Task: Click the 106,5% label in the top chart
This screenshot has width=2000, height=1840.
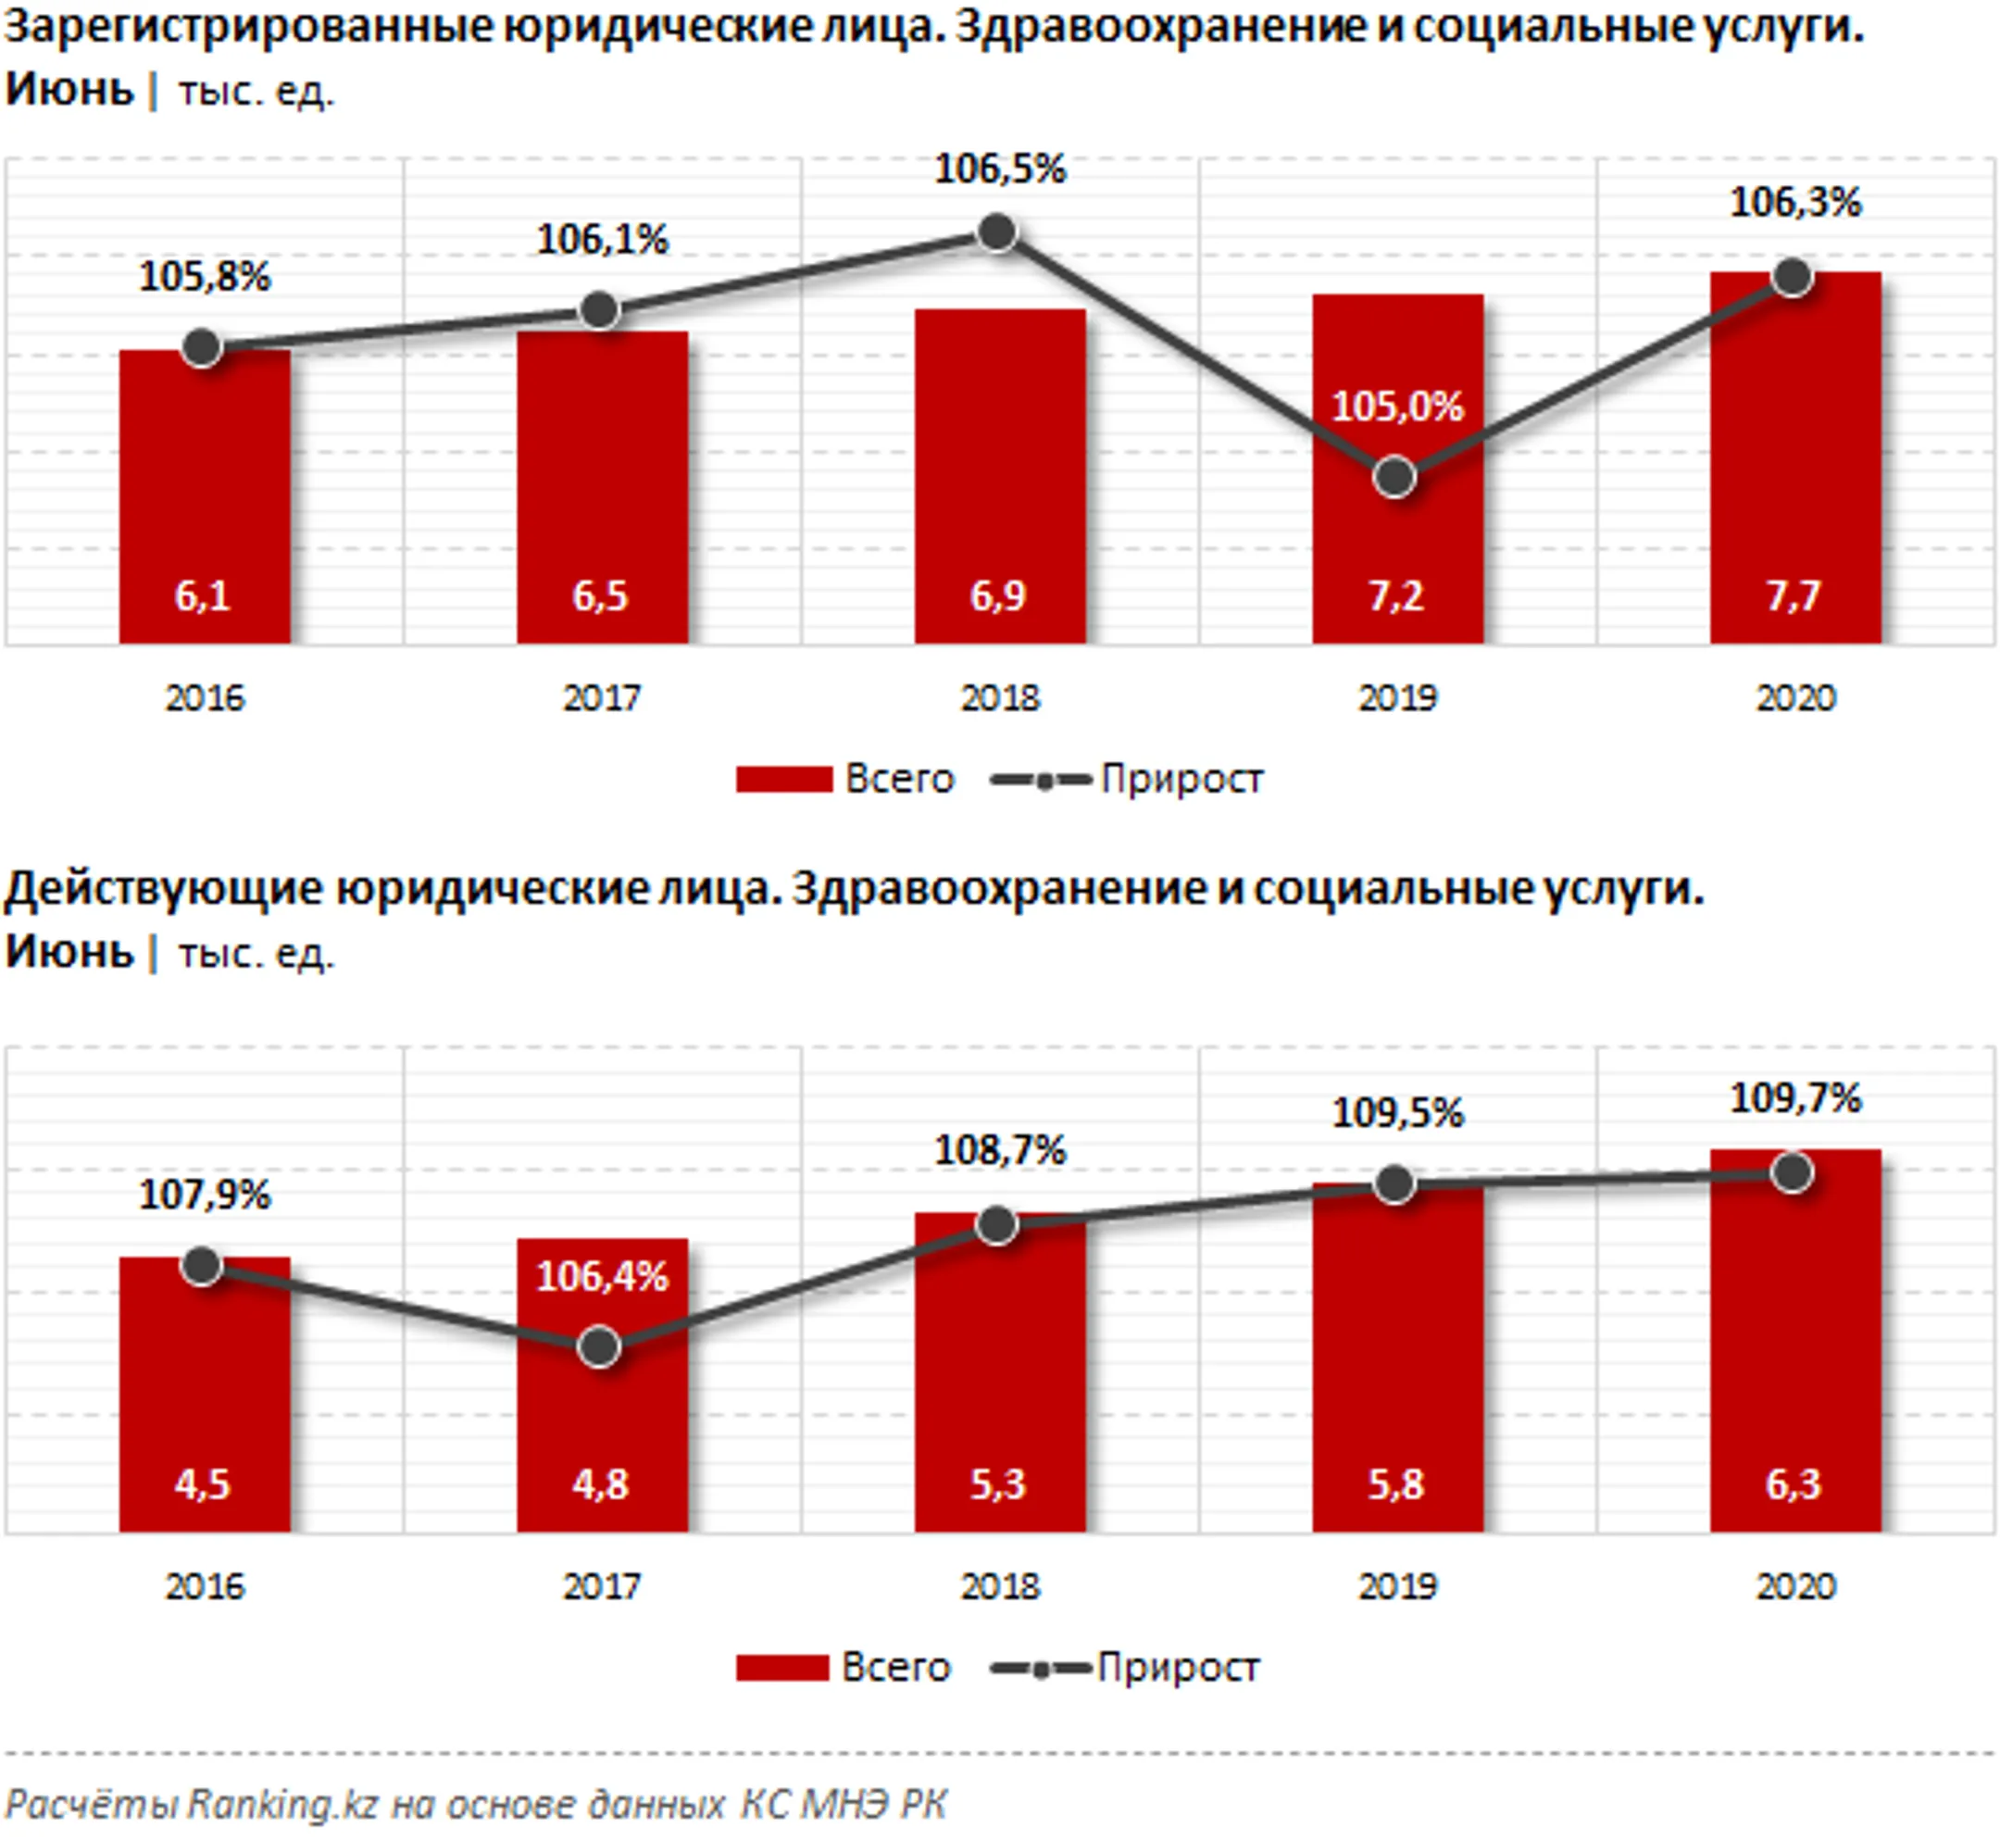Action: pos(999,169)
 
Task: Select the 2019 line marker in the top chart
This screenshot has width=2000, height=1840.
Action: pos(1395,477)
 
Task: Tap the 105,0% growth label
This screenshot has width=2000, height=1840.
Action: pos(1396,407)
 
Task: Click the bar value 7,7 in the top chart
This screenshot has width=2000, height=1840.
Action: pos(1793,595)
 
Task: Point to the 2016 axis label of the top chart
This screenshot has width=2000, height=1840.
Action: pos(204,698)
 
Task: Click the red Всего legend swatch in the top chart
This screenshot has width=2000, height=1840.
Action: pos(783,779)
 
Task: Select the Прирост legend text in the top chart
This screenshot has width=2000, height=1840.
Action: pos(1181,779)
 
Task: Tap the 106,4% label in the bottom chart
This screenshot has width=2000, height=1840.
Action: pos(601,1276)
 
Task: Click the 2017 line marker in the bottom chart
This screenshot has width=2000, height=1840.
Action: pos(599,1347)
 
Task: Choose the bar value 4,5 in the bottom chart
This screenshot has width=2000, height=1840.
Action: pos(202,1484)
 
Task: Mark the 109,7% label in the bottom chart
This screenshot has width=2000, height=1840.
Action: pos(1795,1099)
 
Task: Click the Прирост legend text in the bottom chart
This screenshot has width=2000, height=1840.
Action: pos(1178,1667)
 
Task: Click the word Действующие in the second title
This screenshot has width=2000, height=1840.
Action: pos(164,889)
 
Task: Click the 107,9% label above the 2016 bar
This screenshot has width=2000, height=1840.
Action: pos(204,1195)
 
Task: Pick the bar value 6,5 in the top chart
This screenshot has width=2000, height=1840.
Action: pos(599,595)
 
